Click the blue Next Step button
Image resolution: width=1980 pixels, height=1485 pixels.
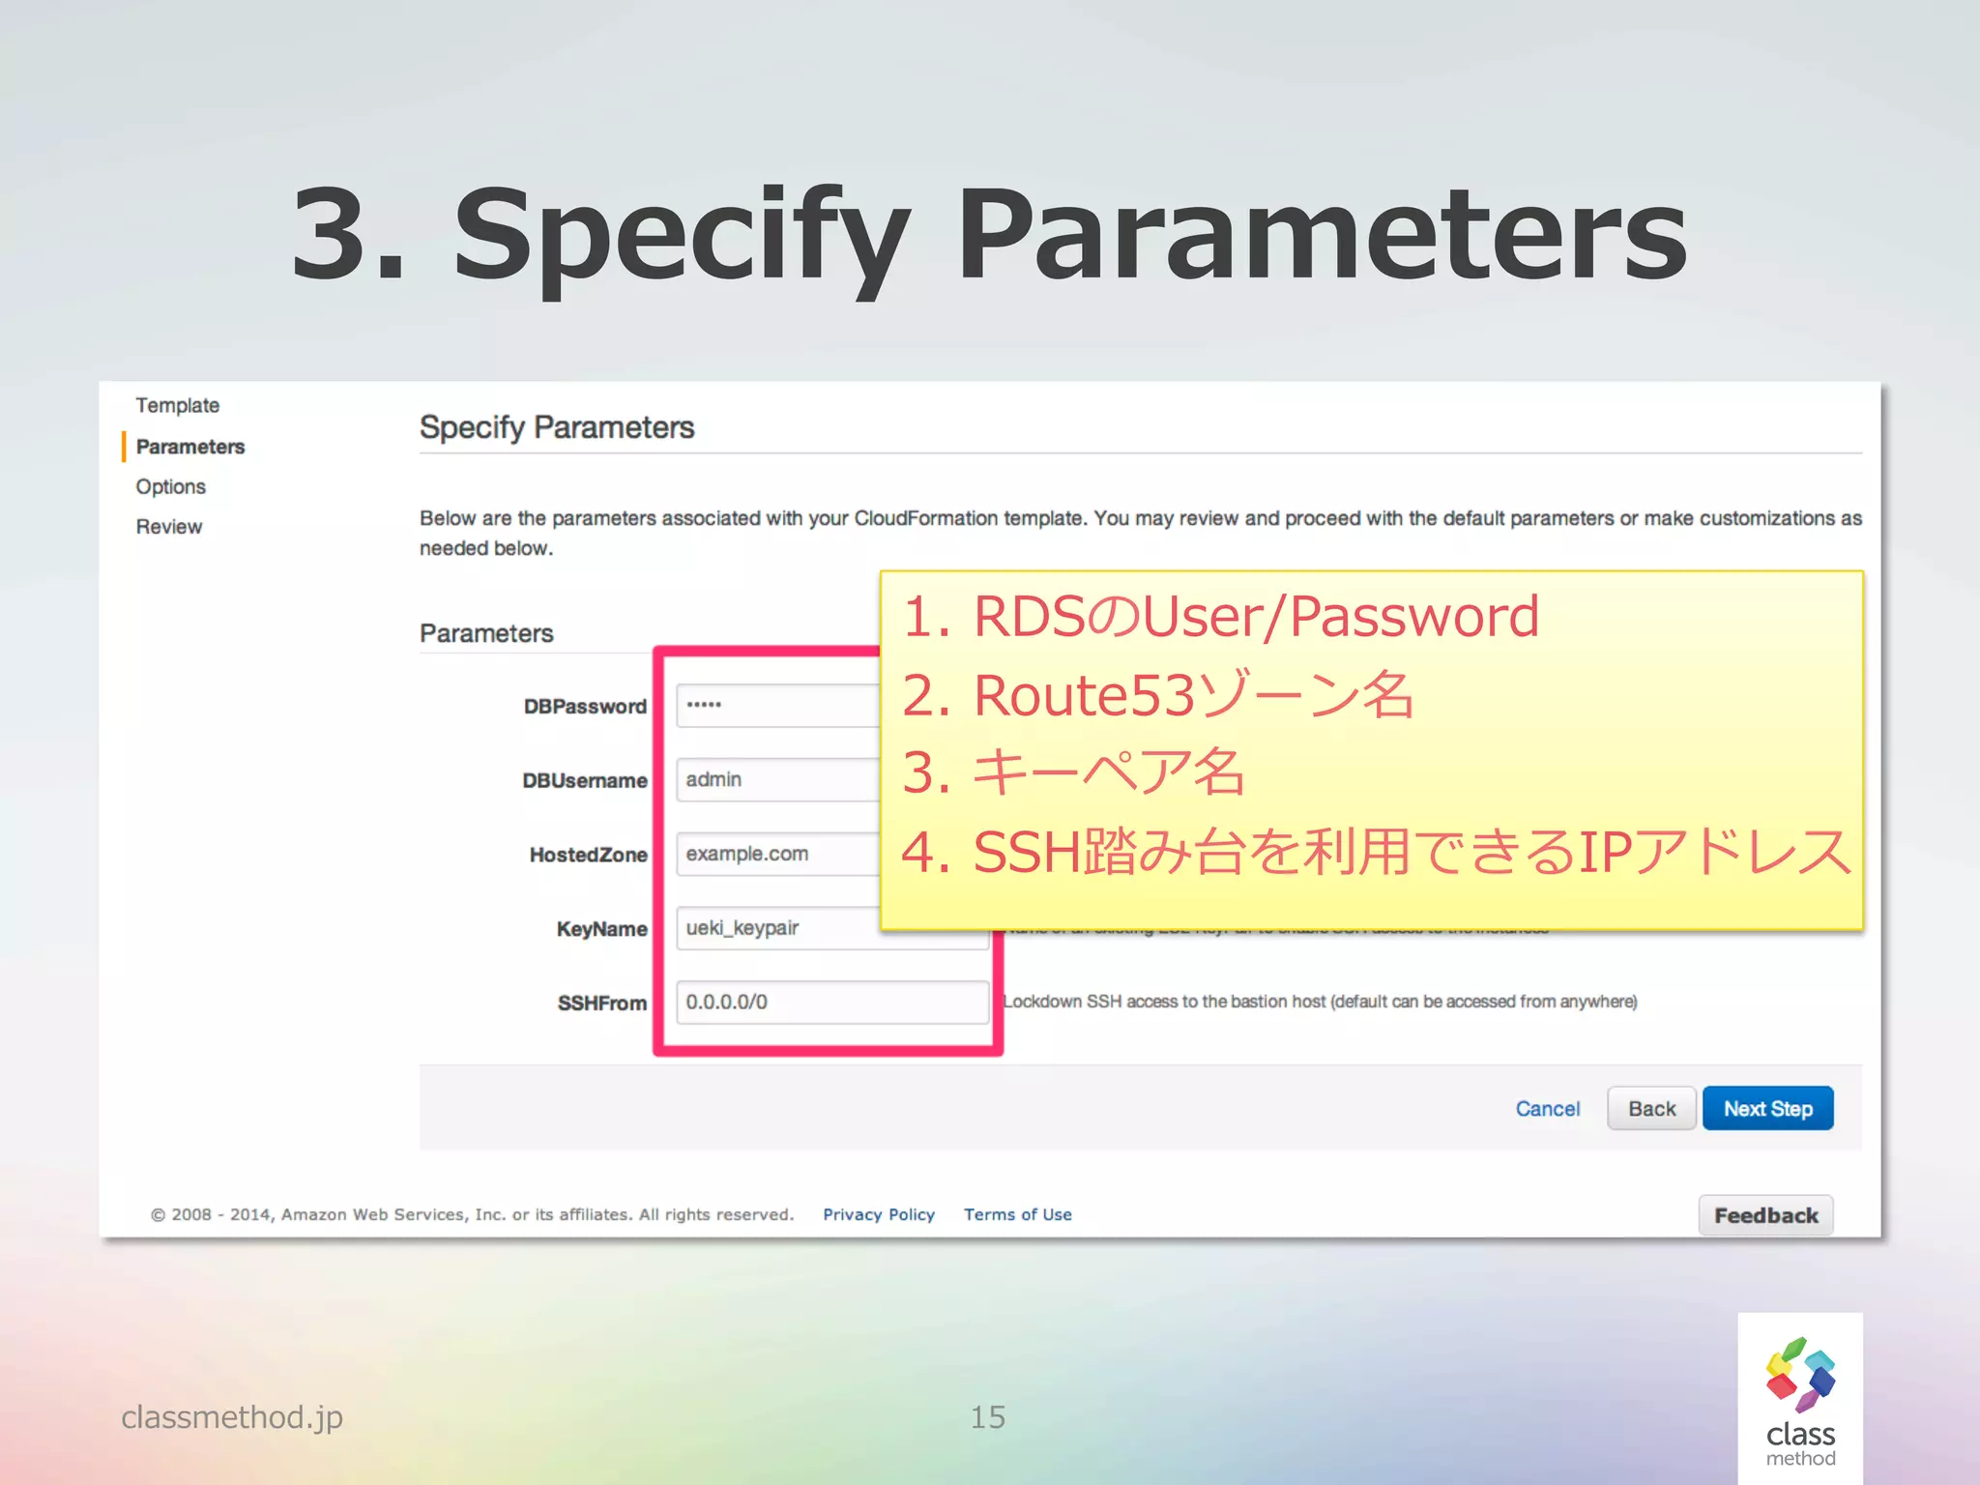pyautogui.click(x=1767, y=1109)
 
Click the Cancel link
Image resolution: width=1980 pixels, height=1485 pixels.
pyautogui.click(x=1547, y=1109)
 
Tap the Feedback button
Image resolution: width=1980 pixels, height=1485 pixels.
pyautogui.click(x=1765, y=1215)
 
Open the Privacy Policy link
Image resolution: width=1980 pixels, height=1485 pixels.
pyautogui.click(x=878, y=1214)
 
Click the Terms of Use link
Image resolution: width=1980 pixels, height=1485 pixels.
pyautogui.click(x=1017, y=1214)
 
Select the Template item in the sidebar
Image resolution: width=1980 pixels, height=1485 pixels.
pyautogui.click(x=177, y=405)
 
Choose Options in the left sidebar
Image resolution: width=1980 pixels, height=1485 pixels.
pyautogui.click(x=170, y=486)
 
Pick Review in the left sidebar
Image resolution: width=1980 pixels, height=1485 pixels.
pyautogui.click(x=169, y=527)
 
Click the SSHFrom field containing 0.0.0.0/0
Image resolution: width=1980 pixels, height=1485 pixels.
pyautogui.click(x=831, y=1003)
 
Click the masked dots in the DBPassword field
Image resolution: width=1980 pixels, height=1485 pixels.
pyautogui.click(x=704, y=705)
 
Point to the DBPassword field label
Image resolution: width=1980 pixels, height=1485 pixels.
pyautogui.click(x=585, y=707)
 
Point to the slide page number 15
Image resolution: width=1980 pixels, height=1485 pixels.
pyautogui.click(x=987, y=1417)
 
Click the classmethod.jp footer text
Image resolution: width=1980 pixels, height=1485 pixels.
pyautogui.click(x=232, y=1417)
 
